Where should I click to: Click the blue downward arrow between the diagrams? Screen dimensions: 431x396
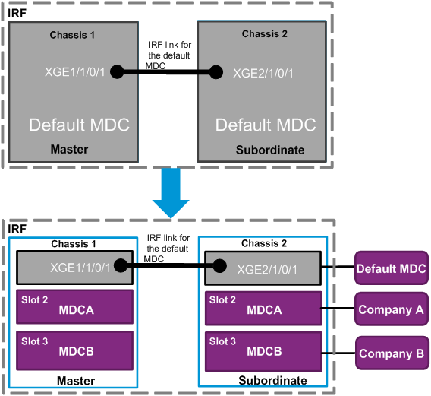coord(171,193)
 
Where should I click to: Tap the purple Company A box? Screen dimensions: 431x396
coord(392,309)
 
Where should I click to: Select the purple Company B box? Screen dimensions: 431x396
coord(392,353)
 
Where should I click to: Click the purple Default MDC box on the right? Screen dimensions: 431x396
coord(392,268)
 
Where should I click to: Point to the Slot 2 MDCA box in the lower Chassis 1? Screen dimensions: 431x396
coord(75,306)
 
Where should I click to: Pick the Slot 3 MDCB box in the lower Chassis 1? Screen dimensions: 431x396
coord(75,350)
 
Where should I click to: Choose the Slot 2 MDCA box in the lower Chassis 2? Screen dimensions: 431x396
coord(263,309)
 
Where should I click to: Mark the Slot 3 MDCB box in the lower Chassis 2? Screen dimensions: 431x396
coord(263,352)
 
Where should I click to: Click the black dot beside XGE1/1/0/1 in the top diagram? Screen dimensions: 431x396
coord(117,72)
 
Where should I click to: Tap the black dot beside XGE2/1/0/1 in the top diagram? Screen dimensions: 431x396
coord(216,72)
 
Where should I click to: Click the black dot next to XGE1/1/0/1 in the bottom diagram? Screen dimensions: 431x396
coord(121,265)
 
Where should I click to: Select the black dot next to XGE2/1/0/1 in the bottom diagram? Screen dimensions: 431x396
coord(219,266)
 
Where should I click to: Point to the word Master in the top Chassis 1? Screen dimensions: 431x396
coord(69,149)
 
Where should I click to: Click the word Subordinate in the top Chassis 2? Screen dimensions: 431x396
coord(270,150)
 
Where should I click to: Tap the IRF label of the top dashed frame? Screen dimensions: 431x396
coord(17,13)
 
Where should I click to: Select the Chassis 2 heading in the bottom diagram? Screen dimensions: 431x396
coord(264,243)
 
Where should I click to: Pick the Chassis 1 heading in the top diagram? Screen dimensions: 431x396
coord(72,35)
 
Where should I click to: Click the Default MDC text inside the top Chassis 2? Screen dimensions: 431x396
coord(266,125)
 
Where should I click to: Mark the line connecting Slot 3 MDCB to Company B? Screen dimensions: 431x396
coord(338,353)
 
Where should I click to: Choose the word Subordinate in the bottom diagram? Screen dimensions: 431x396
coord(272,380)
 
